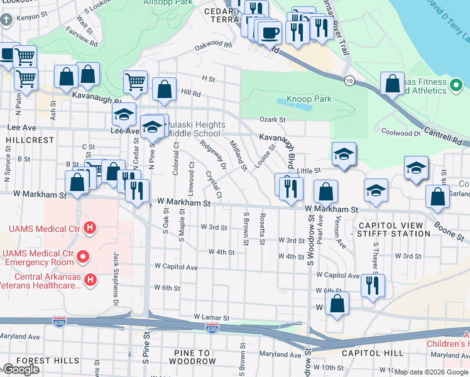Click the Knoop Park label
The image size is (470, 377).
(x=309, y=99)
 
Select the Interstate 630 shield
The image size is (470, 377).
(x=212, y=329)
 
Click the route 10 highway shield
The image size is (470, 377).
(x=349, y=80)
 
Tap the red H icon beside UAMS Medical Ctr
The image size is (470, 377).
(x=90, y=227)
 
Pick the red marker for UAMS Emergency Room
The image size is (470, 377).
(x=82, y=256)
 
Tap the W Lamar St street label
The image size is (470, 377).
(x=212, y=317)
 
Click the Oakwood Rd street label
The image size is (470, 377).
(x=209, y=45)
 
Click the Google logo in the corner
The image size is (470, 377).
(x=21, y=369)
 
